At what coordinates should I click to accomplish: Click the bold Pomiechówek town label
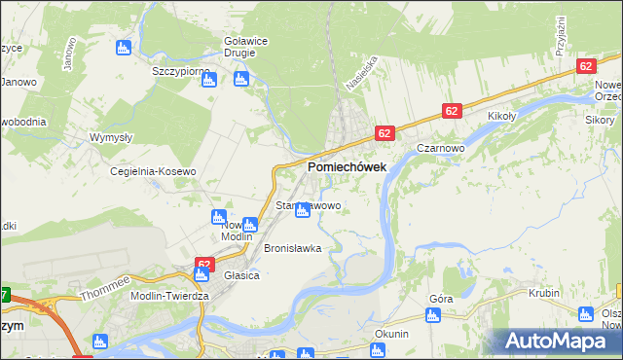point(347,167)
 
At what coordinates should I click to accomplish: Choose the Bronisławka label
point(292,248)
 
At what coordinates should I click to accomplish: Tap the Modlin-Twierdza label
point(159,295)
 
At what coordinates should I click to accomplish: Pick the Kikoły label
point(500,116)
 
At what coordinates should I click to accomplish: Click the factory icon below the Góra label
point(433,315)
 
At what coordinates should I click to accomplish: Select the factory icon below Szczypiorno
point(209,80)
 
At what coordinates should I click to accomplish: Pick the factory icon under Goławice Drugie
point(242,79)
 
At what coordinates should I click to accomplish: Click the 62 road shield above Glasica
point(203,264)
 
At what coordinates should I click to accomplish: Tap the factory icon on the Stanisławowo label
point(304,210)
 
